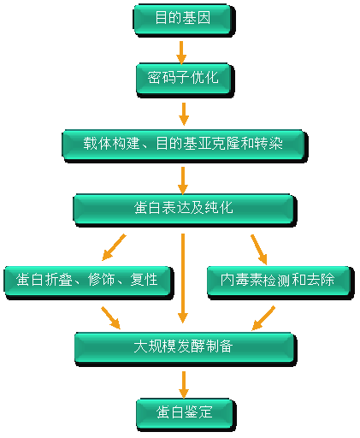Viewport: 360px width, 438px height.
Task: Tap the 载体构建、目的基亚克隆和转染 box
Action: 184,144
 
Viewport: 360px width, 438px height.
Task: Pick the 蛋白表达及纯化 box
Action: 184,208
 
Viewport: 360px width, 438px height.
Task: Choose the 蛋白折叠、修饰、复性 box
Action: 88,280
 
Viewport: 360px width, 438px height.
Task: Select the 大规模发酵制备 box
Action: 184,346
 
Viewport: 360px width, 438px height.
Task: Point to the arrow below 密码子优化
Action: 183,112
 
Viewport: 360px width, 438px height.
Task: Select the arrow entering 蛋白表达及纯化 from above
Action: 183,177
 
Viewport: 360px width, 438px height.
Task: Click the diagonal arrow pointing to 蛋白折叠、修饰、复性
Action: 115,246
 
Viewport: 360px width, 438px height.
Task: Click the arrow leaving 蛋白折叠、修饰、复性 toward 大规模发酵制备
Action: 110,317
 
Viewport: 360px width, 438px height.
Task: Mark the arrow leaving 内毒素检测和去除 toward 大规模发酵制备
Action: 263,317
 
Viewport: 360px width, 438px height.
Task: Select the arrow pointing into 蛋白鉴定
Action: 183,383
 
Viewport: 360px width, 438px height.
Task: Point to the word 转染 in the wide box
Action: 282,144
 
